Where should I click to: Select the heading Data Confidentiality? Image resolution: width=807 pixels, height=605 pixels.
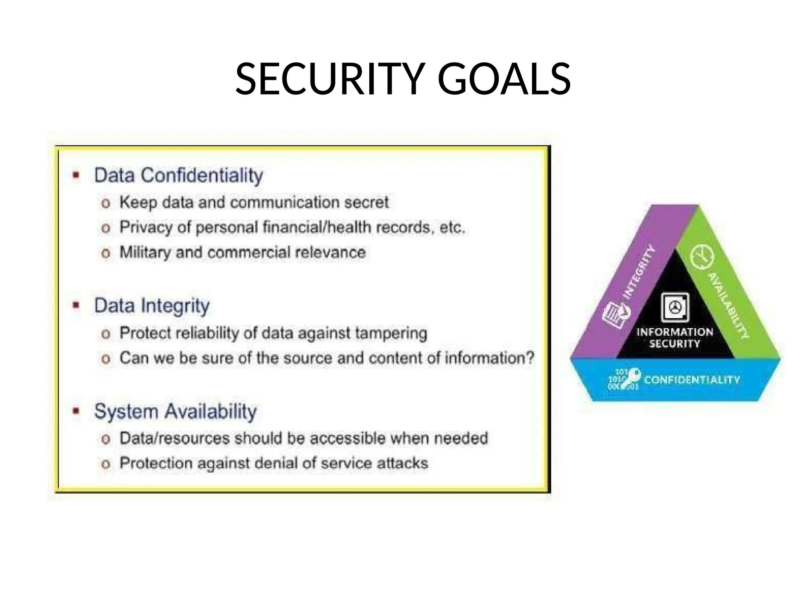point(178,175)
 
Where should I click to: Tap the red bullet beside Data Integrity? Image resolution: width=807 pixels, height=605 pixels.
point(76,305)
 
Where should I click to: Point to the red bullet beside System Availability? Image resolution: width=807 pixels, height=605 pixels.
point(76,411)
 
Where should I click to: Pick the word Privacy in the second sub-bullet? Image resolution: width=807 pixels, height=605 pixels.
point(146,227)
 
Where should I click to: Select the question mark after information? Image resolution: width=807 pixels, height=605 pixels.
point(530,358)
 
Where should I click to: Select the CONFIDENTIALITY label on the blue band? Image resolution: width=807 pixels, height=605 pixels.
point(692,380)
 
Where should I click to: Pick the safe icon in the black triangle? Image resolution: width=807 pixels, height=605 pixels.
point(675,308)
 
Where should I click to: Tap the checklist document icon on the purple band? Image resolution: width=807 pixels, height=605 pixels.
point(616,315)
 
